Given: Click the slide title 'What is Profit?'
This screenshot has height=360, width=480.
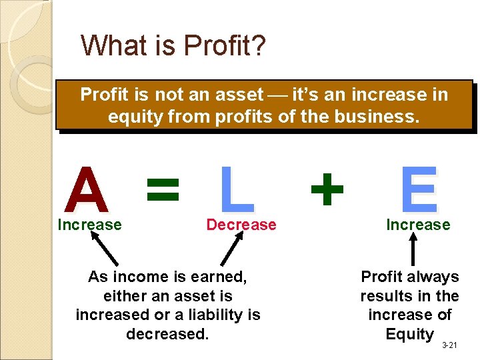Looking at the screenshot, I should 173,45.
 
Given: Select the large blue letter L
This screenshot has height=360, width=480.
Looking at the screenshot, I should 237,190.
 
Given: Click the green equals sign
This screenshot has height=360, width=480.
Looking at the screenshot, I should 163,189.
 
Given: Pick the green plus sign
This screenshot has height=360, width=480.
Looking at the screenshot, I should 327,189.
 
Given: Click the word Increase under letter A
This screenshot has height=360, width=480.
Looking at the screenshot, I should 89,225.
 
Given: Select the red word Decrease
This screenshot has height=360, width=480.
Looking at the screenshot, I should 241,225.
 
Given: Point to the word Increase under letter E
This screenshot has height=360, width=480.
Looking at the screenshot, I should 418,225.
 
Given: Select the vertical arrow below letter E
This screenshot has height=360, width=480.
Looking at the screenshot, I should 413,250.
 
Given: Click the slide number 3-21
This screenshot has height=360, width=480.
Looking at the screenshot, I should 449,345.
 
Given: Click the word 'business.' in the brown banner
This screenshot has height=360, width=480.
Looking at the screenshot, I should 382,117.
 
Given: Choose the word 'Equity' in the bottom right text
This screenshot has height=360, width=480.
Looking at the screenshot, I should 409,334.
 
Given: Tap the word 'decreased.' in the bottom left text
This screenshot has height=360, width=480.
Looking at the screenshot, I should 167,333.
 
